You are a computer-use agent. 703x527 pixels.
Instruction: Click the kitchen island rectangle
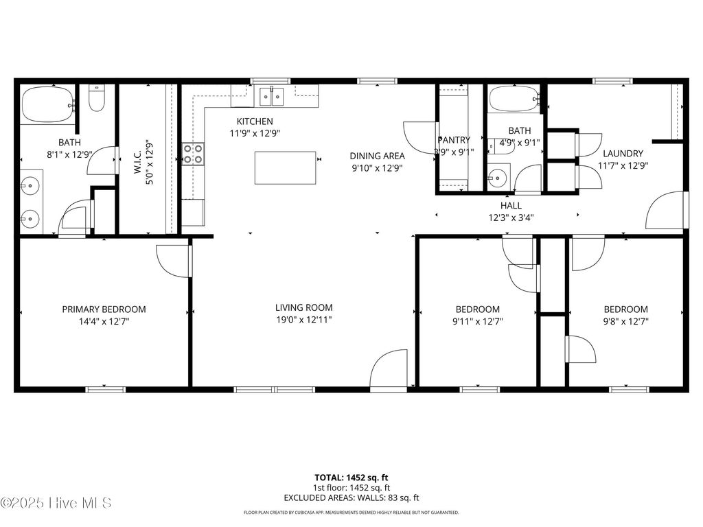[x=286, y=167]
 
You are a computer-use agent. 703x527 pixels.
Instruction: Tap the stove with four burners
[x=193, y=154]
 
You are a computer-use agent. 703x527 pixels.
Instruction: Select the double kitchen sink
[x=271, y=97]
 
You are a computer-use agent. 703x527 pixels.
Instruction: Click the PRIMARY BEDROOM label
[x=104, y=309]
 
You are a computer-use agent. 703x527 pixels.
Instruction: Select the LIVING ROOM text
[x=303, y=307]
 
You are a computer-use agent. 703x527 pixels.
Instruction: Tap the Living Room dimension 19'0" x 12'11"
[x=303, y=320]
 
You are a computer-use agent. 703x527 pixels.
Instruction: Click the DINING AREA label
[x=377, y=156]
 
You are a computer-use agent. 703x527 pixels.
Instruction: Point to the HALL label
[x=511, y=205]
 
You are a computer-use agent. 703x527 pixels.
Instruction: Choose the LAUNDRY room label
[x=623, y=154]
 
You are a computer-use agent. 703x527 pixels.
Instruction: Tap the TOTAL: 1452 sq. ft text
[x=351, y=477]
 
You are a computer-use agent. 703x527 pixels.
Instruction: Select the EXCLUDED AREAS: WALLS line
[x=351, y=497]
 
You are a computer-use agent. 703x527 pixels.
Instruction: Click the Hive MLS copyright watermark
[x=56, y=503]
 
